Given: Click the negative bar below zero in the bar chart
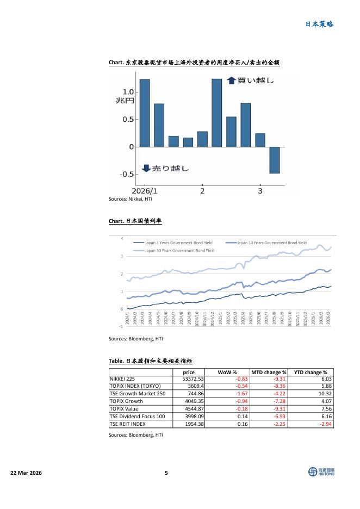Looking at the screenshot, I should [275, 160].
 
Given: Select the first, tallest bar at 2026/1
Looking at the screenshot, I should [144, 113].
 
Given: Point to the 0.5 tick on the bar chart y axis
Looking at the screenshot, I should [128, 119].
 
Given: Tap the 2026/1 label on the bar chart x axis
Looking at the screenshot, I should [145, 191].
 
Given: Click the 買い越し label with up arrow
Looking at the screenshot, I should [250, 80].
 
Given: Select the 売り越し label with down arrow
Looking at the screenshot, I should [165, 169].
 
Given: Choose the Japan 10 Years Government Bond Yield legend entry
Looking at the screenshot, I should [272, 243].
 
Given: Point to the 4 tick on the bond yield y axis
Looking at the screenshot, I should [122, 238].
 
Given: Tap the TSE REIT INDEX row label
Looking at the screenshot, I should [128, 424].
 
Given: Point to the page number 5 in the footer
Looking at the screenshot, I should [166, 473].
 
